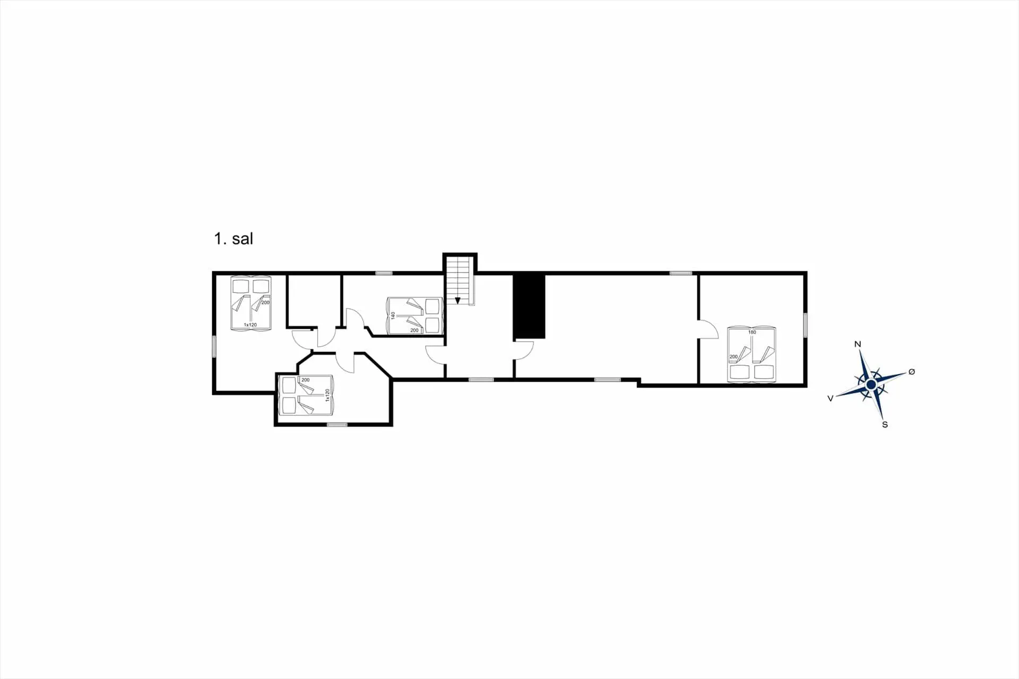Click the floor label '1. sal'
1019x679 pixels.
pyautogui.click(x=234, y=238)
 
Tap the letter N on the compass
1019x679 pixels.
pyautogui.click(x=858, y=344)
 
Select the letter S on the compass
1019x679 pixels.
pyautogui.click(x=885, y=425)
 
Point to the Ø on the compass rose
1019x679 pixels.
pyautogui.click(x=912, y=372)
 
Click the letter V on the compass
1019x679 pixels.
pyautogui.click(x=831, y=398)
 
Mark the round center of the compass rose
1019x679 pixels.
pyautogui.click(x=871, y=384)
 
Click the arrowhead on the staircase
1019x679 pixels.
pyautogui.click(x=457, y=300)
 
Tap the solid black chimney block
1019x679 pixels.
pyautogui.click(x=529, y=306)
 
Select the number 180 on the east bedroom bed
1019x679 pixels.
pyautogui.click(x=752, y=332)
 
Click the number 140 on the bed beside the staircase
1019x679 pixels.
pyautogui.click(x=393, y=315)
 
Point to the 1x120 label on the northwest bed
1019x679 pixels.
pyautogui.click(x=250, y=324)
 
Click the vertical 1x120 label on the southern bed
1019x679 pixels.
pyautogui.click(x=327, y=395)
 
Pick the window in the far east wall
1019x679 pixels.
pyautogui.click(x=805, y=324)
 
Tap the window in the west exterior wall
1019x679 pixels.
pyautogui.click(x=214, y=346)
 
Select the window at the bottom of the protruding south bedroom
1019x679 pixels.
pyautogui.click(x=337, y=424)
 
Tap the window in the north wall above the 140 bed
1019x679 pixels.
pyautogui.click(x=384, y=273)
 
